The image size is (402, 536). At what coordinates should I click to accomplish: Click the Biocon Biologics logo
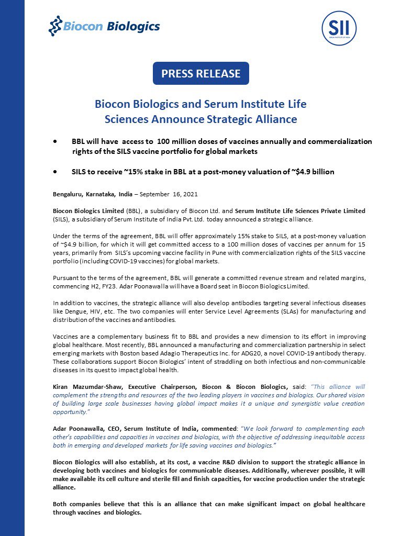pyautogui.click(x=104, y=26)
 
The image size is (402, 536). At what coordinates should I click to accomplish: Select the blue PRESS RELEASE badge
pyautogui.click(x=200, y=73)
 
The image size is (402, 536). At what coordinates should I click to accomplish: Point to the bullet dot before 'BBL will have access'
pyautogui.click(x=55, y=142)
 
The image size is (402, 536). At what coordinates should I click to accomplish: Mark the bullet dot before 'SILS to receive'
pyautogui.click(x=55, y=172)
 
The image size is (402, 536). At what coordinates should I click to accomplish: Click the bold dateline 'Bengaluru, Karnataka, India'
pyautogui.click(x=92, y=194)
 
